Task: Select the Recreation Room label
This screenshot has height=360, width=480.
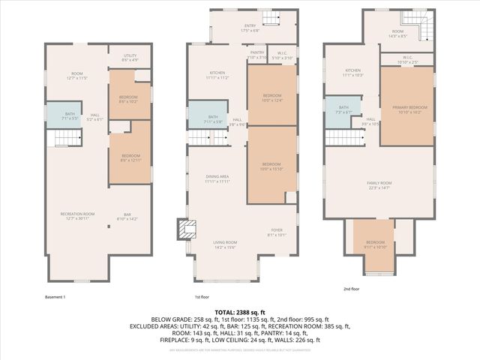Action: tap(77, 215)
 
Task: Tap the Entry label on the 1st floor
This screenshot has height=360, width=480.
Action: tap(250, 28)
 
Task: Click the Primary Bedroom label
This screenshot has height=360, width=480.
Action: tap(406, 109)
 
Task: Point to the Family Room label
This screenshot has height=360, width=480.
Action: tap(380, 185)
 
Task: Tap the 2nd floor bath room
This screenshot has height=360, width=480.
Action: tap(344, 110)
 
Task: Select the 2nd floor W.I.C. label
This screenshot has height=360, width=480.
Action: tap(407, 58)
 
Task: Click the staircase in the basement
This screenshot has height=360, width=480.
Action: tap(63, 138)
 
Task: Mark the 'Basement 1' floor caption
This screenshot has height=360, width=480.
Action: tap(55, 297)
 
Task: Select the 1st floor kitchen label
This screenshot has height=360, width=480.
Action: tap(217, 75)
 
